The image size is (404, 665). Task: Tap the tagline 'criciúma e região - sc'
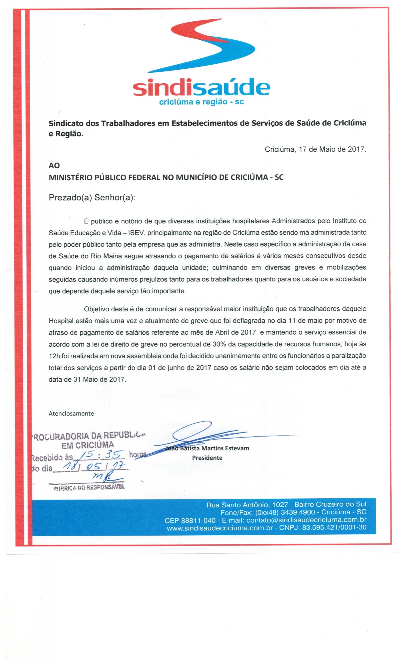tap(201, 102)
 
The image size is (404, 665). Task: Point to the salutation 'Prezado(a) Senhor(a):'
tap(92, 198)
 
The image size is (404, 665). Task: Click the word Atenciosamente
tap(71, 413)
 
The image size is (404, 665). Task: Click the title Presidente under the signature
tap(207, 458)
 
